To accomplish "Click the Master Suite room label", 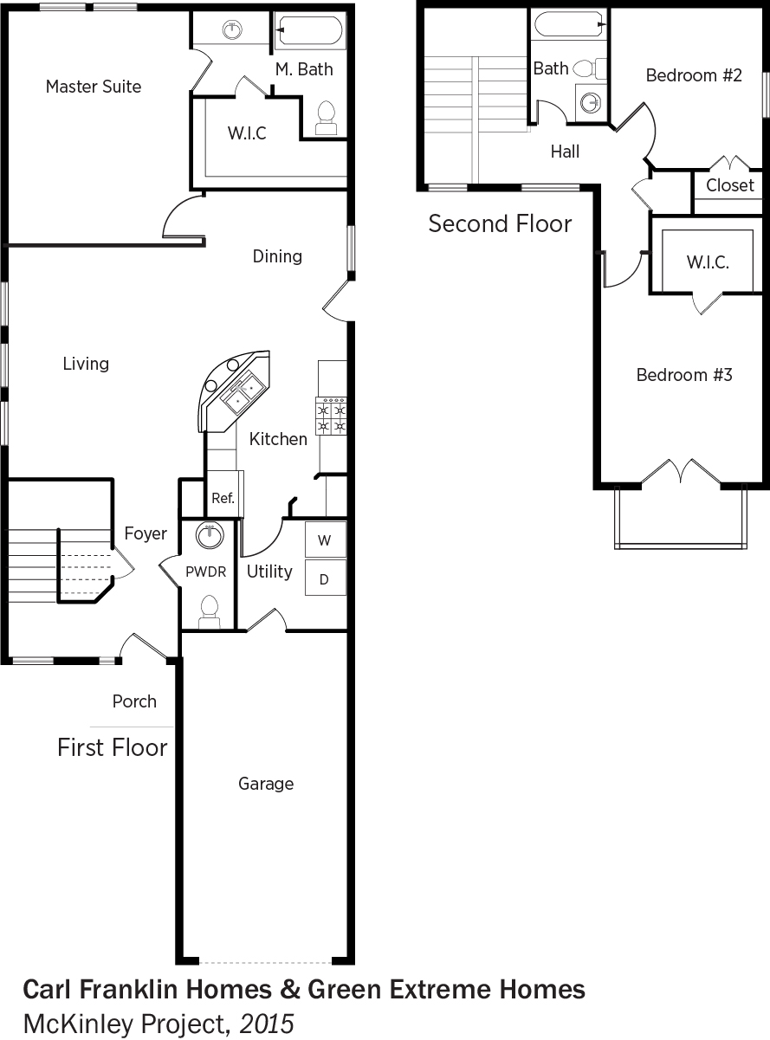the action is [x=94, y=87].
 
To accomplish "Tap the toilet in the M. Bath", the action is [x=327, y=118].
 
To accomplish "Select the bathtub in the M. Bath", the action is [x=308, y=30].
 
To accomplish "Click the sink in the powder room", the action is [x=210, y=536].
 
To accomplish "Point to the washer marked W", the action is [x=326, y=539].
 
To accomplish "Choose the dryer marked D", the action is [x=326, y=578].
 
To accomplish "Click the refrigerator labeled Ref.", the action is [x=223, y=494].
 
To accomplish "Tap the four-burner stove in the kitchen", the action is [x=331, y=416].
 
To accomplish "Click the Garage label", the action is [x=266, y=784].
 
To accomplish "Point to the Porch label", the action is [x=134, y=701].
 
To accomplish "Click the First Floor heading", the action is [x=112, y=747].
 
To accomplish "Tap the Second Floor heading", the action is [x=500, y=223].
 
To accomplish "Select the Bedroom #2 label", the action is [x=694, y=75].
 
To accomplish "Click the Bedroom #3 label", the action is [x=684, y=375].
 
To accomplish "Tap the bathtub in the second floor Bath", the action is [x=569, y=24].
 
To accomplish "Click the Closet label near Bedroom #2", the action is [x=730, y=185].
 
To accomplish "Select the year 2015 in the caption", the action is [x=267, y=1024].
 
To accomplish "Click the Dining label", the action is [x=277, y=256].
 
